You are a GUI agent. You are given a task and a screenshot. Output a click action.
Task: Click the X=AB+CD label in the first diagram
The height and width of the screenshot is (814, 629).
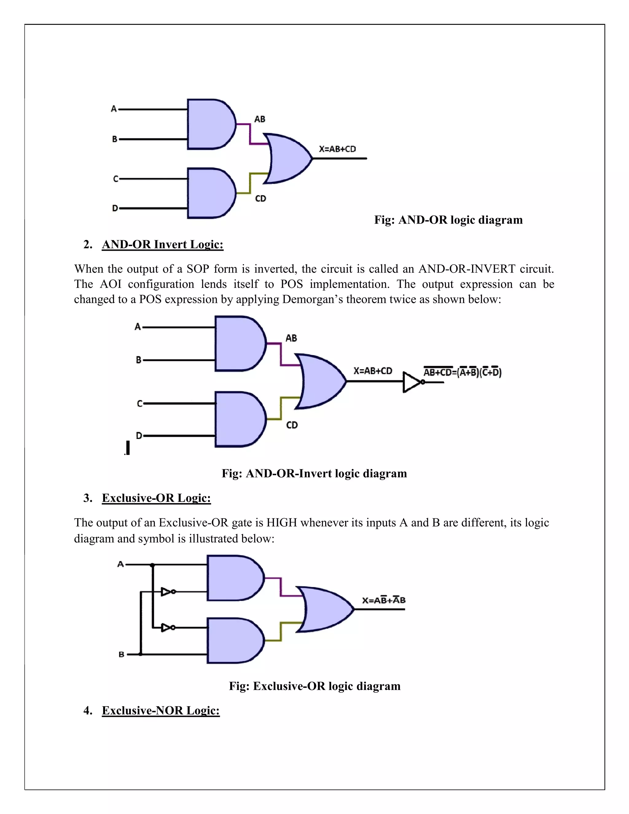337,149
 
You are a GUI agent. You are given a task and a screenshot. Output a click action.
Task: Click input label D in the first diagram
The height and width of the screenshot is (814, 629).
115,208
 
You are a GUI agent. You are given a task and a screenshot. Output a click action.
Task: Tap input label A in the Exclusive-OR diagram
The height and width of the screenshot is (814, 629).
120,564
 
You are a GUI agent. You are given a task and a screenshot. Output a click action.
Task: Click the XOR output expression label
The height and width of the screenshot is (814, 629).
384,600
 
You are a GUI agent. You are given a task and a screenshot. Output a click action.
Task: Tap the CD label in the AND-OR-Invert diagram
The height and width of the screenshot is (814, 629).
292,425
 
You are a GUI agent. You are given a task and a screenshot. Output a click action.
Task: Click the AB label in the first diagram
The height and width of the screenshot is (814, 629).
260,119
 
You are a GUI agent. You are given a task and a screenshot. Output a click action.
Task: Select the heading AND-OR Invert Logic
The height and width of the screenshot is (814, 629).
162,245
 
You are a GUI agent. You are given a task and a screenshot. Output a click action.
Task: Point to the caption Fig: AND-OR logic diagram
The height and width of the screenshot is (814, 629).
448,220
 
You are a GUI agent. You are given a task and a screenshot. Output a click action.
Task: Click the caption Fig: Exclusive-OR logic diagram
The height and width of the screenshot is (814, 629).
314,686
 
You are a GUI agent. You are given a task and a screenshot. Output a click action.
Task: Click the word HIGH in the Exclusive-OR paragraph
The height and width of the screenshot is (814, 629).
281,522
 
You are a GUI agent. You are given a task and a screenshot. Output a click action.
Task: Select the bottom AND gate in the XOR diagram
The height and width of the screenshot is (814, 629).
234,640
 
